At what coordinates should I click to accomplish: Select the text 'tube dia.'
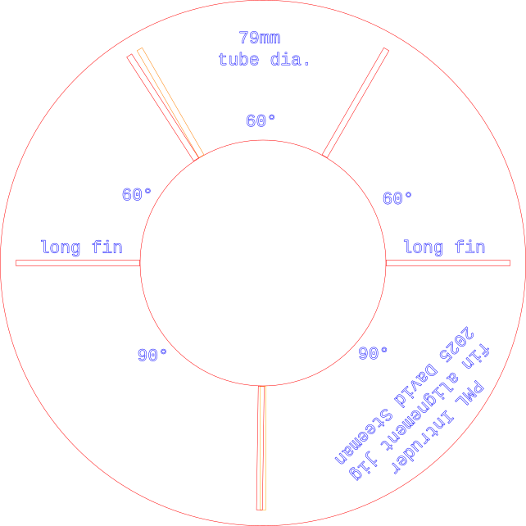(264, 60)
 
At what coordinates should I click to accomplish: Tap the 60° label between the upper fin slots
(261, 121)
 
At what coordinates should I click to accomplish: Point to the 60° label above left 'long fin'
(137, 195)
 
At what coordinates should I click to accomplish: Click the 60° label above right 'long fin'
(397, 198)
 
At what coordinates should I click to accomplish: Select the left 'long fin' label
(81, 247)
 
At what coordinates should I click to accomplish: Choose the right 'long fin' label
(444, 247)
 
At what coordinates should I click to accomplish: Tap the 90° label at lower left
(152, 355)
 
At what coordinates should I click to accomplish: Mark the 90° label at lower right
(374, 352)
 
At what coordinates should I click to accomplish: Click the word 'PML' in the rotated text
(470, 392)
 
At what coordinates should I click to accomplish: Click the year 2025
(457, 342)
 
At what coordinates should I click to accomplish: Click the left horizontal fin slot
(78, 263)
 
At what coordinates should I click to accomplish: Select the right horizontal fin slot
(448, 263)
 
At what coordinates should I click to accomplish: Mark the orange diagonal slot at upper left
(170, 102)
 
